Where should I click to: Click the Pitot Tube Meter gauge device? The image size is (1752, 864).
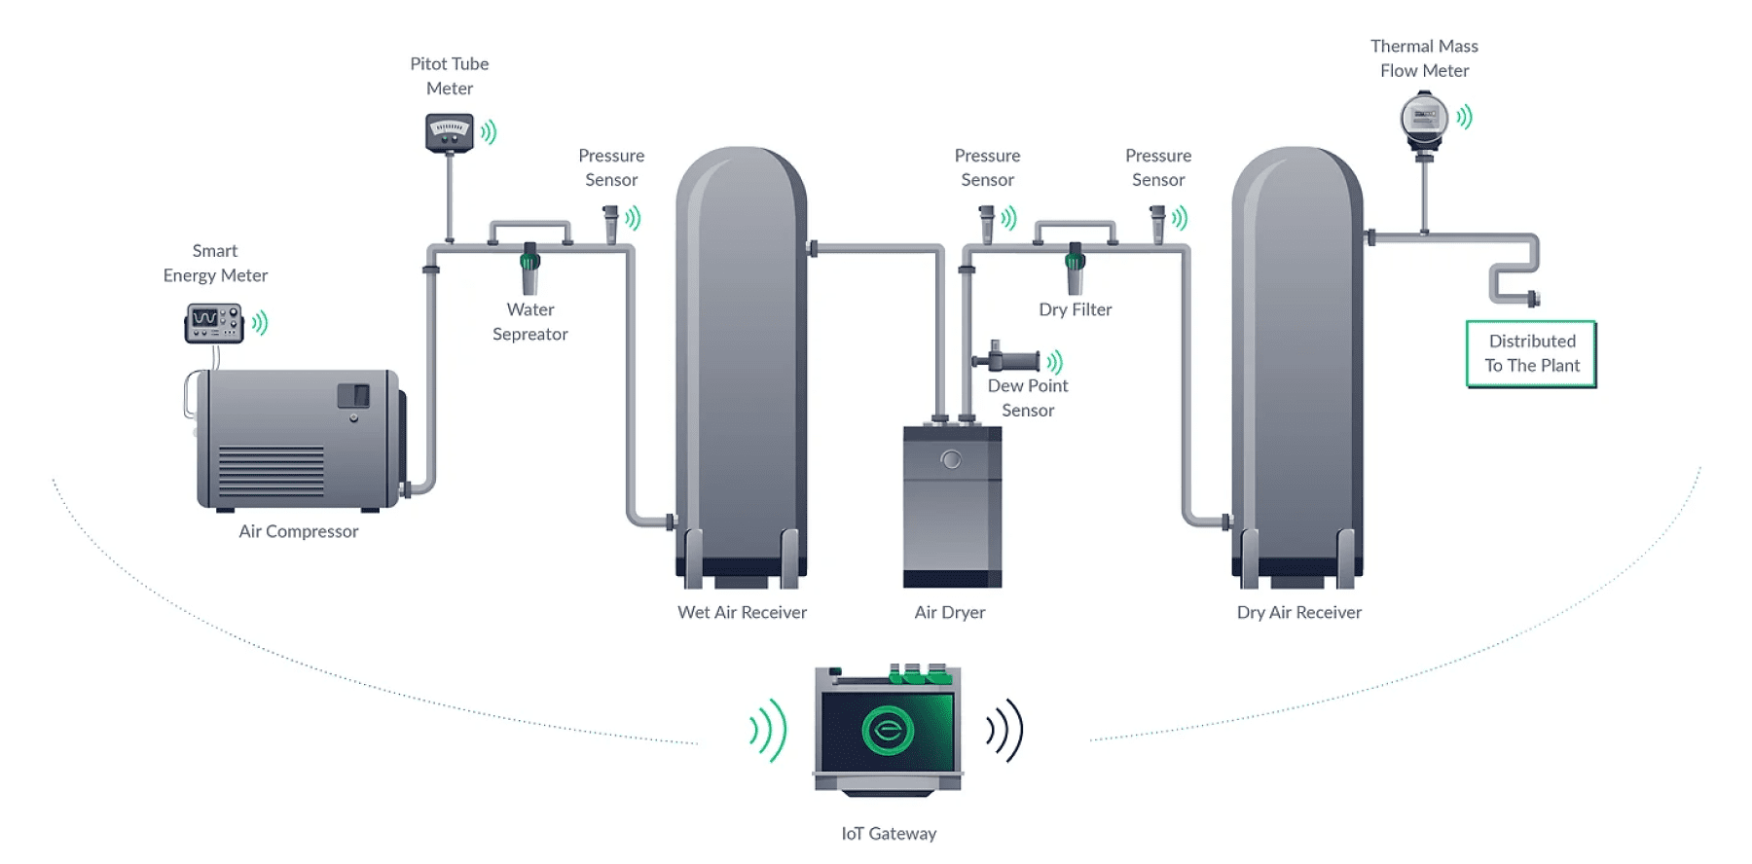click(449, 132)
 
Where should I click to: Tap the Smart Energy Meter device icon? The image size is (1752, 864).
click(213, 323)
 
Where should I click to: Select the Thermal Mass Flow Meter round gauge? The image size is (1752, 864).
click(1424, 118)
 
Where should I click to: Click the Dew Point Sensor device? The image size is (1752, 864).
click(1009, 359)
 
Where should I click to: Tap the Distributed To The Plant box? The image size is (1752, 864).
click(1530, 354)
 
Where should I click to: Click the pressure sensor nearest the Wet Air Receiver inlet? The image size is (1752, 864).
click(610, 224)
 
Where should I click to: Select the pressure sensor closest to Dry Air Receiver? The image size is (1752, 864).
click(1157, 224)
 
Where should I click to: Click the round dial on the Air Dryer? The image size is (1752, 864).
click(951, 460)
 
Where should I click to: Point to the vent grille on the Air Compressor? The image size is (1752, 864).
click(271, 471)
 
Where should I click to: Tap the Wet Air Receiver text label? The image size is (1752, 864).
click(742, 612)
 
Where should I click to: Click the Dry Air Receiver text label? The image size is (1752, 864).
click(1298, 612)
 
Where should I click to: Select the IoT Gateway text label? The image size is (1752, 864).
click(888, 834)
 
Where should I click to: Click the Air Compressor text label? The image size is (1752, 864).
click(298, 531)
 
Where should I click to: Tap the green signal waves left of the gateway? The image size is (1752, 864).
click(768, 730)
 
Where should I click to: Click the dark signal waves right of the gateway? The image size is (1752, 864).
click(1004, 730)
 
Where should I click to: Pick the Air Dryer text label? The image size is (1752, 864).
click(949, 612)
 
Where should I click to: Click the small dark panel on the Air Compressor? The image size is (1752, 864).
click(353, 395)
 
